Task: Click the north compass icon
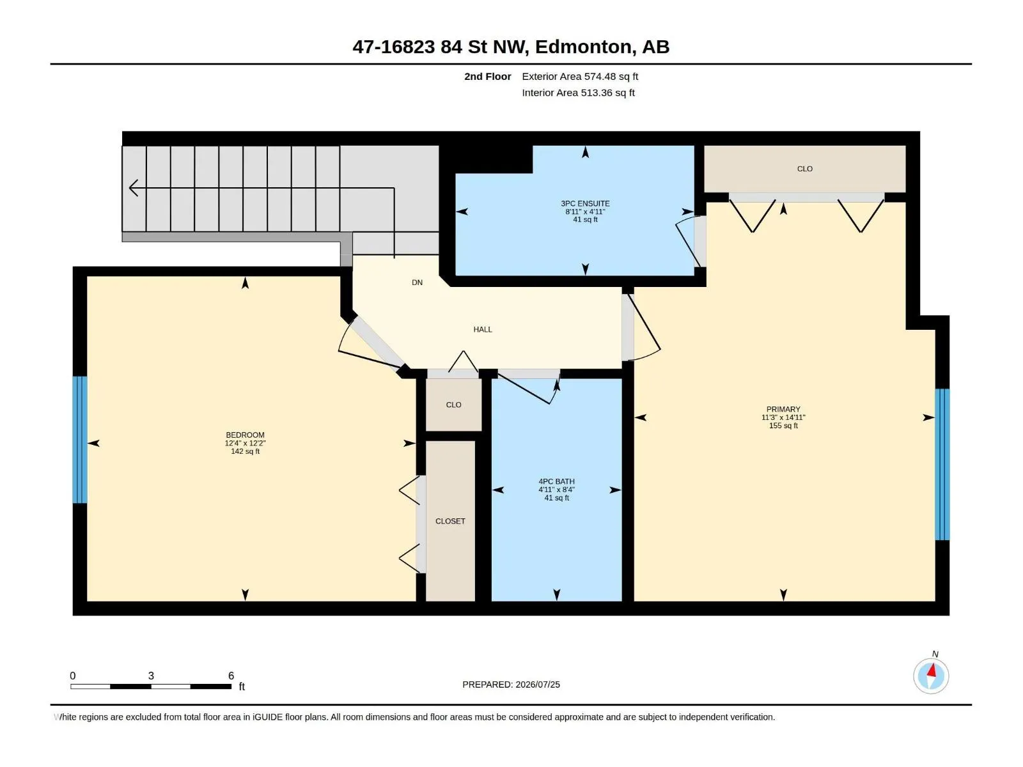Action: pos(931,676)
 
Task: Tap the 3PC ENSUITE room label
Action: pos(585,203)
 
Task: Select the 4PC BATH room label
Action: pos(556,481)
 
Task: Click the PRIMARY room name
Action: pos(783,409)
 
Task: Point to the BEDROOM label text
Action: pos(245,435)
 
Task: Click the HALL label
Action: pos(483,330)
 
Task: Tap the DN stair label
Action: pos(417,283)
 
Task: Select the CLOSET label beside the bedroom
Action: pos(450,521)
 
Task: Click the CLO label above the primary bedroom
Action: pos(805,169)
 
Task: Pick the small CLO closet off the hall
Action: pos(453,405)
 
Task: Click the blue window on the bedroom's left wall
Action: pos(80,440)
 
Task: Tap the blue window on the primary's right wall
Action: pos(942,464)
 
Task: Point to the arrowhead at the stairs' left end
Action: pos(133,188)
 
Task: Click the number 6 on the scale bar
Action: pos(231,676)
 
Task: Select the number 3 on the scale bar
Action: pos(151,676)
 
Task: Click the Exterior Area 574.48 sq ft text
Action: pos(580,76)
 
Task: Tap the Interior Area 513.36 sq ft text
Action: pos(578,93)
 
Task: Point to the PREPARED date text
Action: pos(511,685)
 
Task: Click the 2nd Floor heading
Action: pos(487,76)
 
